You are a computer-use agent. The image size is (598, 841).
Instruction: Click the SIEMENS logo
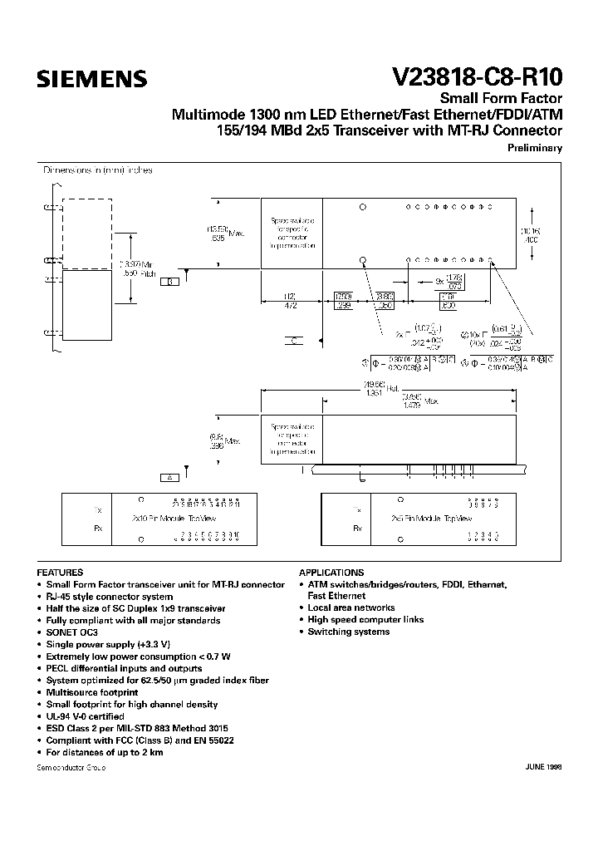pos(91,79)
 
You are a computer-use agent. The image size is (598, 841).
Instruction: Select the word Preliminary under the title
pos(534,148)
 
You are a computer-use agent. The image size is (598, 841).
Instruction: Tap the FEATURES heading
pos(60,573)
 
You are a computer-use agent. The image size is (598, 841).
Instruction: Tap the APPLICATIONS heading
pos(331,573)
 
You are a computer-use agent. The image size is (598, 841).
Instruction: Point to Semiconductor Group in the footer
pos(71,767)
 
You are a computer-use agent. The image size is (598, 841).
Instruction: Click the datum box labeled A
pos(169,478)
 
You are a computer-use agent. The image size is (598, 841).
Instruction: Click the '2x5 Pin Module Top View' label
pos(432,517)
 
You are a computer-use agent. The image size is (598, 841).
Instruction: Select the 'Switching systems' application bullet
pos(348,632)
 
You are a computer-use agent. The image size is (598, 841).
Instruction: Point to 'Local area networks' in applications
pos(350,607)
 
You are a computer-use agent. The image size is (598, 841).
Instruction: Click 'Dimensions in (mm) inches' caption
pos(98,170)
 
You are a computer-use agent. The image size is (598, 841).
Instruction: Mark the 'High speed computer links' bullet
pos(365,619)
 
